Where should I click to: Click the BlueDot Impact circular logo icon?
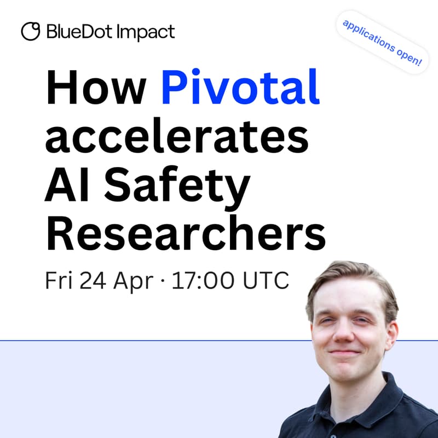30,31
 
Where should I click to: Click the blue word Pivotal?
240,90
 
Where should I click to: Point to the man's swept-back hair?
350,276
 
